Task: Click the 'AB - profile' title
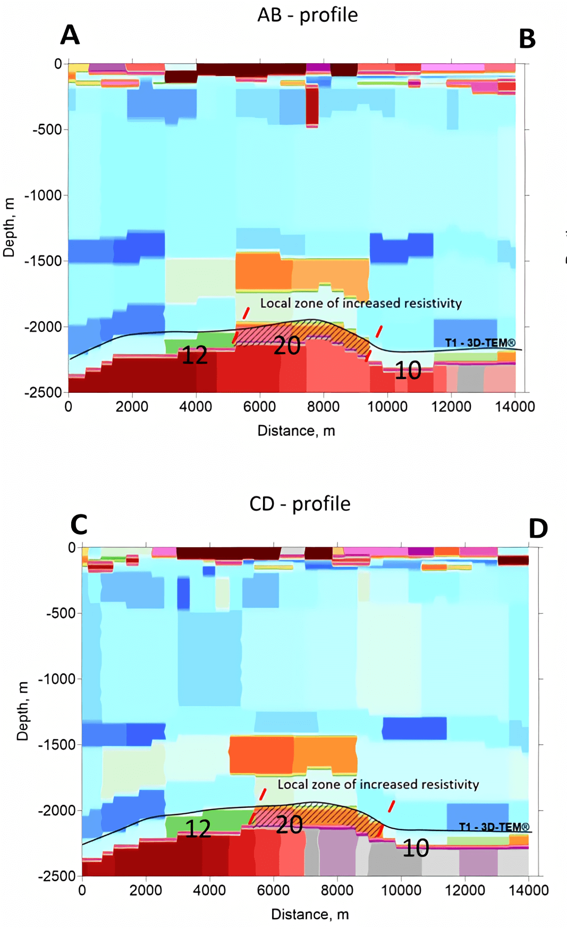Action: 307,15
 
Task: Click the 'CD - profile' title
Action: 300,504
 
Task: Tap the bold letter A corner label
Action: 70,36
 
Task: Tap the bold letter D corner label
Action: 538,529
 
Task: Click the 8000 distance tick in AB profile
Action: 323,407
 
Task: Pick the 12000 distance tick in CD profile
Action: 464,890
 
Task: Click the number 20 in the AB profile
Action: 287,346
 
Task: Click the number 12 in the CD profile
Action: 198,829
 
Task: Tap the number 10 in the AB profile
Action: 408,371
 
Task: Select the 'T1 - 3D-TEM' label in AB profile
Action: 480,343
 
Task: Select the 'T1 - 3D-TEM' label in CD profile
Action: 494,827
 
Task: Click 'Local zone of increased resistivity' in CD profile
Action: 378,785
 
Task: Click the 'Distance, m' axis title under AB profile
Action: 296,431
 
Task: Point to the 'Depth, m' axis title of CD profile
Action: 22,711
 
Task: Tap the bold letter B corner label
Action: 527,39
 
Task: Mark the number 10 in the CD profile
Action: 416,848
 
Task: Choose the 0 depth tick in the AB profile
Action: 58,64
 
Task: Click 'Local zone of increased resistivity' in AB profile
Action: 361,303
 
